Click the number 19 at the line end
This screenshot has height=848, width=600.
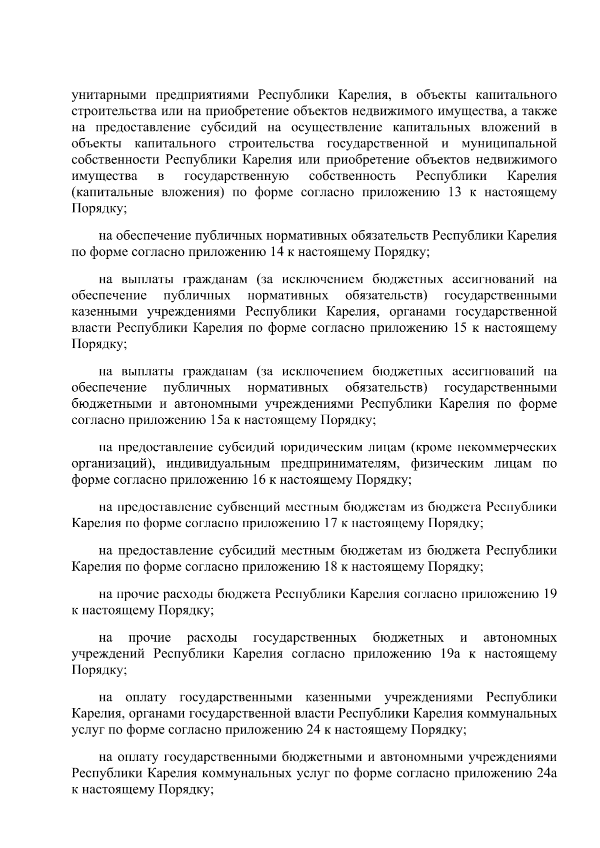549,595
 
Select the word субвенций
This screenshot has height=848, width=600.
249,507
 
